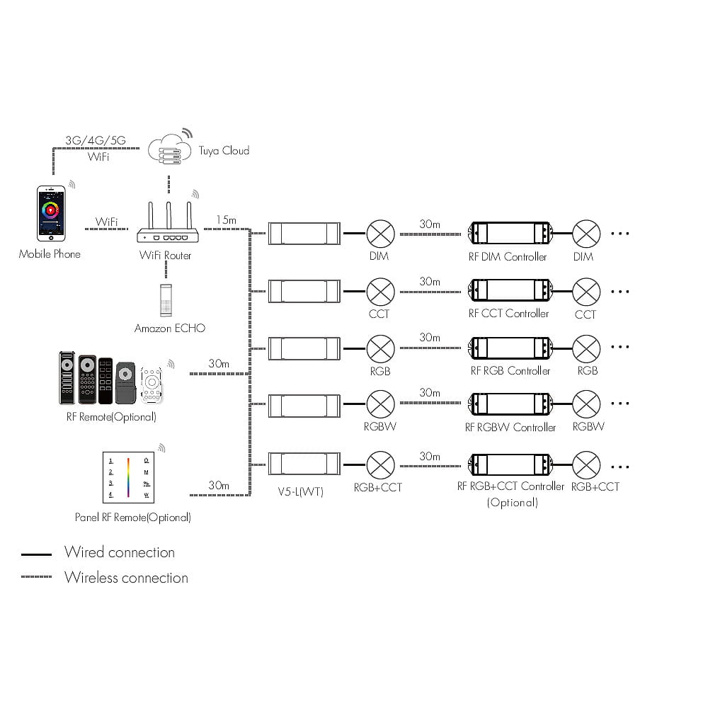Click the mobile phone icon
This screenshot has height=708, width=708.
(x=51, y=213)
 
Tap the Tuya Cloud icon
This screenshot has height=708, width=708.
(x=170, y=149)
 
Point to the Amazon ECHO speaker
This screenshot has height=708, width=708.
(x=166, y=300)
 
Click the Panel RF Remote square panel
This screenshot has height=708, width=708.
(x=129, y=477)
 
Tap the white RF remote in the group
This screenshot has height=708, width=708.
(x=152, y=384)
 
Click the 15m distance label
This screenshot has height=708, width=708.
(x=227, y=220)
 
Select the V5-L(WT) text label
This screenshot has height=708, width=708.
(x=301, y=491)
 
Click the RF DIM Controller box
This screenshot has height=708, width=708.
(x=510, y=234)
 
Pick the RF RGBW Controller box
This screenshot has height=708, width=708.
(x=510, y=404)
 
